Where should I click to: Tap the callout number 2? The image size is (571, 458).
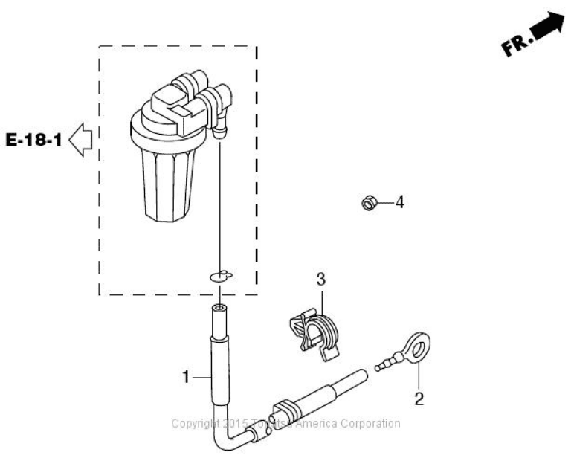pyautogui.click(x=419, y=400)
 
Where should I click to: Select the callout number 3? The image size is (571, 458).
pyautogui.click(x=321, y=280)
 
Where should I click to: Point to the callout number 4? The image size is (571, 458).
pyautogui.click(x=399, y=201)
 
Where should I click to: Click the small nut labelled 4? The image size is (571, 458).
pyautogui.click(x=367, y=201)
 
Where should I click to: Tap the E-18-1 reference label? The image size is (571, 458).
pyautogui.click(x=33, y=139)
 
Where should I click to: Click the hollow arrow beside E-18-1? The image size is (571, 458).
pyautogui.click(x=79, y=139)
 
